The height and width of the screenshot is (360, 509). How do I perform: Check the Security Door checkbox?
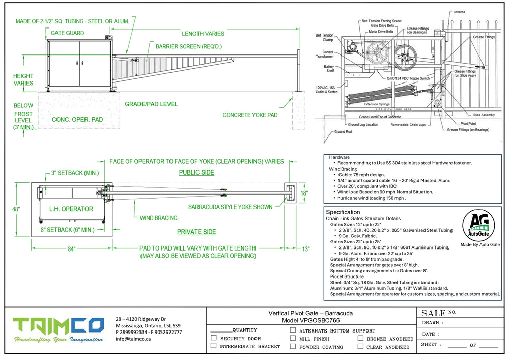tap(214, 338)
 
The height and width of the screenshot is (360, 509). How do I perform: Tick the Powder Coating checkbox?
tap(293, 346)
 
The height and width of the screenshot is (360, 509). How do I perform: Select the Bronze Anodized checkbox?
tap(360, 338)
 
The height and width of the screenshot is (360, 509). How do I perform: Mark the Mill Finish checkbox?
tap(293, 338)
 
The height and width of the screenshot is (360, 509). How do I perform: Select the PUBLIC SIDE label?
tap(196, 173)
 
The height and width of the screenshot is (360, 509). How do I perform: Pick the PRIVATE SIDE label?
tap(196, 232)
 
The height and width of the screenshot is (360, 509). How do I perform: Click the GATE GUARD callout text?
tap(67, 33)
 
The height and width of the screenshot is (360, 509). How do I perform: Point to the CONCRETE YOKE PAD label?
tap(250, 115)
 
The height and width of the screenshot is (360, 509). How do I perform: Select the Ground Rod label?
tap(344, 132)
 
